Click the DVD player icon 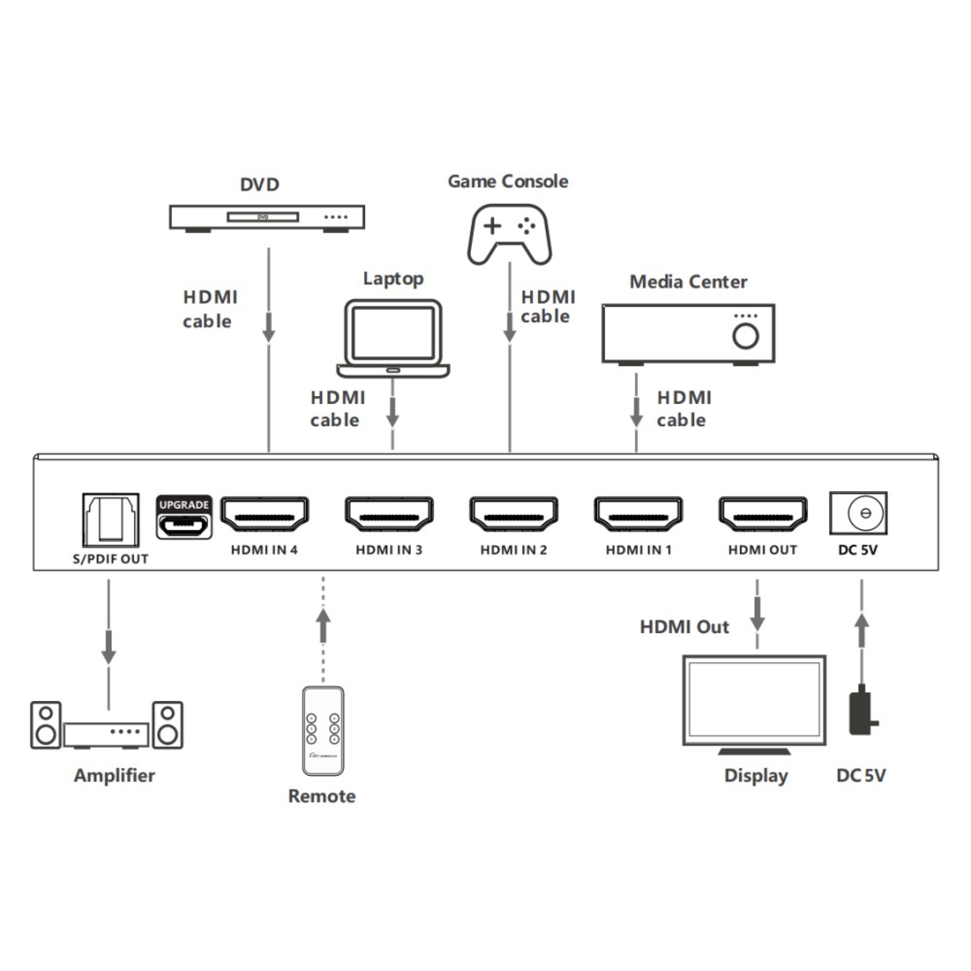(267, 217)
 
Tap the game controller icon (509, 234)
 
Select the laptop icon (393, 338)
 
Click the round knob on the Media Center (745, 336)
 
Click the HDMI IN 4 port (265, 514)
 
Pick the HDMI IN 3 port (389, 514)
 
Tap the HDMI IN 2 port (513, 514)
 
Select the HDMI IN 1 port (638, 514)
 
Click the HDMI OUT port (762, 514)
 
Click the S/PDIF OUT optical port (110, 520)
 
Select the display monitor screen (754, 699)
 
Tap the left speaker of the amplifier (46, 725)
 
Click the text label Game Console (508, 181)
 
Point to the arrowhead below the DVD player (269, 335)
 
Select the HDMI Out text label (684, 627)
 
